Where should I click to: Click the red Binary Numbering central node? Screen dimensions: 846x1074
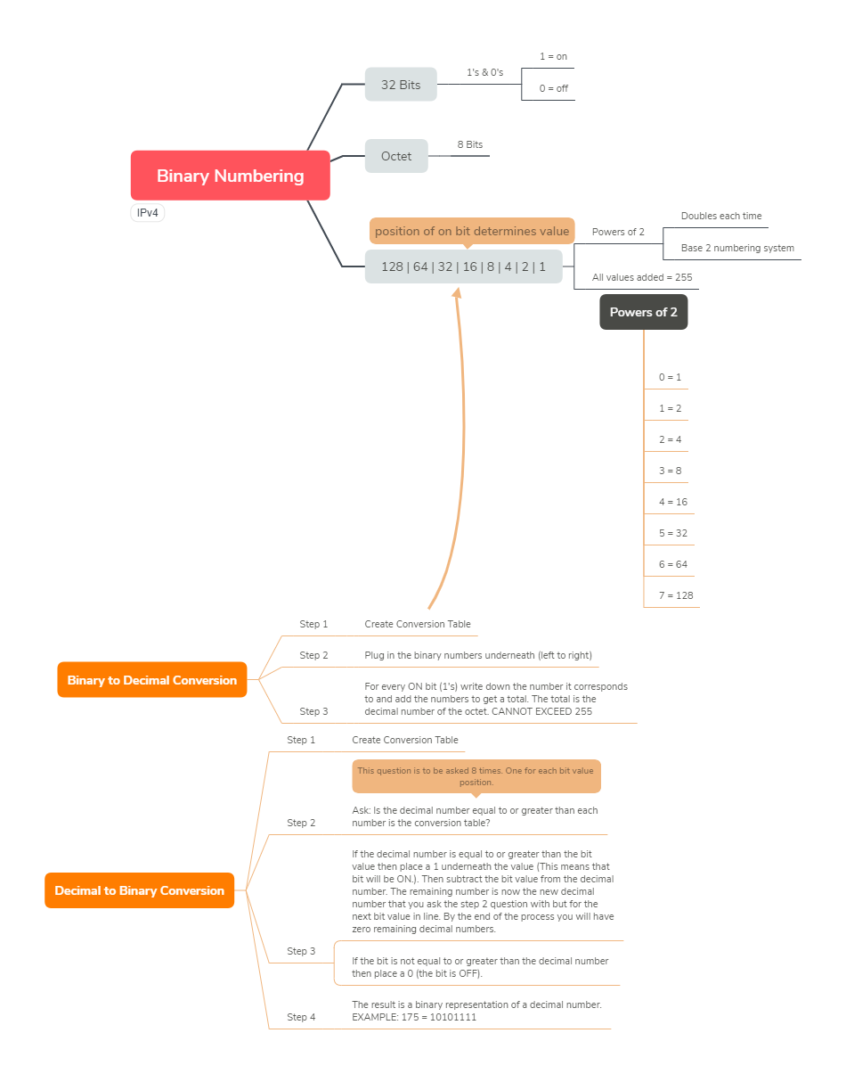[230, 176]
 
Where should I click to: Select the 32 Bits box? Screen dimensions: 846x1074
[401, 85]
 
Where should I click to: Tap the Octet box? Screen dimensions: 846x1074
[396, 156]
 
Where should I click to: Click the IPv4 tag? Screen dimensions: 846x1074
[147, 213]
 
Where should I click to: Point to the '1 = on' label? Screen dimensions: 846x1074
[553, 56]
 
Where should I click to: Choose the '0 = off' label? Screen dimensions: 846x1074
[553, 88]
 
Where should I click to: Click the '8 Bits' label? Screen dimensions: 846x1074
[470, 144]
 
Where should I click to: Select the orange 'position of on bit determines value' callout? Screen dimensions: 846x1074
[472, 232]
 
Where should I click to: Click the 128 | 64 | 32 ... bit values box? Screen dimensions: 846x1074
[463, 266]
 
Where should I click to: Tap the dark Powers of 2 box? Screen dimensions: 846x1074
[644, 312]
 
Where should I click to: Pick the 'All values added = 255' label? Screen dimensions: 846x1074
[642, 277]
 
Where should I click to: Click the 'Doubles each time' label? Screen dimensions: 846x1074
[721, 216]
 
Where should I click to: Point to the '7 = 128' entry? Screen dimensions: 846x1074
[676, 595]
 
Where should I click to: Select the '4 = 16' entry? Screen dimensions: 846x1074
[673, 502]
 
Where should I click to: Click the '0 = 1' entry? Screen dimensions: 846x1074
[670, 377]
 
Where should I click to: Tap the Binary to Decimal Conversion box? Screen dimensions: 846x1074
[152, 680]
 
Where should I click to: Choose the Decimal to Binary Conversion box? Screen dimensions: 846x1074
[139, 890]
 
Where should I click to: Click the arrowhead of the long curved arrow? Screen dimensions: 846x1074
[457, 292]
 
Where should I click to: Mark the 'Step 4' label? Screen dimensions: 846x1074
[301, 1017]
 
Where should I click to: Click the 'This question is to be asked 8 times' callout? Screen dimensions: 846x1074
[476, 777]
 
